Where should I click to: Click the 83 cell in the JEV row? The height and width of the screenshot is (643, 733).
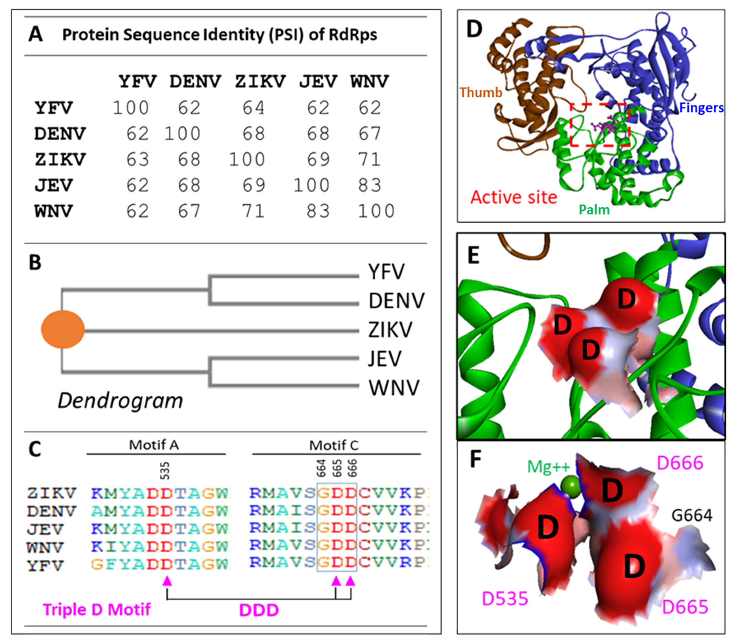click(x=369, y=185)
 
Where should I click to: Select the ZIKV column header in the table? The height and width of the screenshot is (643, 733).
click(x=260, y=81)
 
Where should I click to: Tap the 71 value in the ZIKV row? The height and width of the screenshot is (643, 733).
click(x=369, y=160)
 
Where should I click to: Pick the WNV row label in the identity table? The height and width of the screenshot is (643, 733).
click(x=54, y=211)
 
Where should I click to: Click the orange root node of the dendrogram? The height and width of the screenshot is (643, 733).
click(x=63, y=329)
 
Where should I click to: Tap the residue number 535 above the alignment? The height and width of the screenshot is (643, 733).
click(x=165, y=471)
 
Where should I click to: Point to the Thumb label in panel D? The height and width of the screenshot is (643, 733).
click(x=481, y=93)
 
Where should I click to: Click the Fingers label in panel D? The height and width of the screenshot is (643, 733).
click(x=701, y=108)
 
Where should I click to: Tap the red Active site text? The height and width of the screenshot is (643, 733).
click(x=514, y=197)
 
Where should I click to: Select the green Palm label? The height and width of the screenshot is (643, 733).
click(x=594, y=210)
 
